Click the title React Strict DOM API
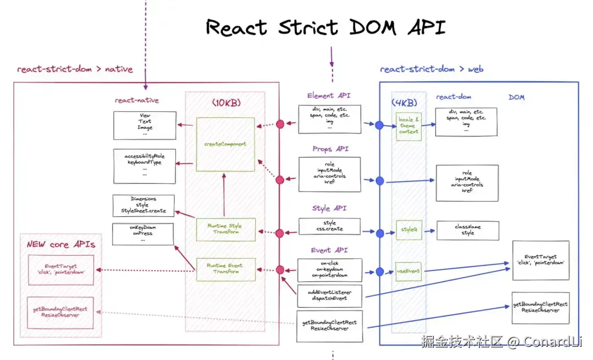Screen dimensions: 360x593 [326, 27]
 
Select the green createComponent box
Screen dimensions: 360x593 [225, 144]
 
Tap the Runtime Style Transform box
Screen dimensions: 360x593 [225, 229]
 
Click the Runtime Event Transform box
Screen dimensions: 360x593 [225, 268]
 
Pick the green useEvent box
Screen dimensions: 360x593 [408, 271]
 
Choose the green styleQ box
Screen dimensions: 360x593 [408, 230]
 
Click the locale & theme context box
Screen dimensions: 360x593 [409, 126]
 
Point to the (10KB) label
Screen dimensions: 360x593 [226, 103]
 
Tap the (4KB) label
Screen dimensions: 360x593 [404, 103]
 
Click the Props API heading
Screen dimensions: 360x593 [331, 149]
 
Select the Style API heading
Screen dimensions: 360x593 [329, 209]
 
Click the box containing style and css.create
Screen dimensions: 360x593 [329, 226]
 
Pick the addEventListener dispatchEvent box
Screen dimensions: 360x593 [329, 296]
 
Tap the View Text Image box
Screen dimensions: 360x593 [145, 125]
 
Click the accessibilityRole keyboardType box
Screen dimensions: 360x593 [144, 162]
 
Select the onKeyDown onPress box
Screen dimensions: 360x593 [143, 234]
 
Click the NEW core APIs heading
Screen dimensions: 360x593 [61, 244]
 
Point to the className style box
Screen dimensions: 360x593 [468, 230]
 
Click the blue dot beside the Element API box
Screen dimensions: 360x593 [379, 125]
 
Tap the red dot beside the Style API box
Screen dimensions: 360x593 [280, 233]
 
